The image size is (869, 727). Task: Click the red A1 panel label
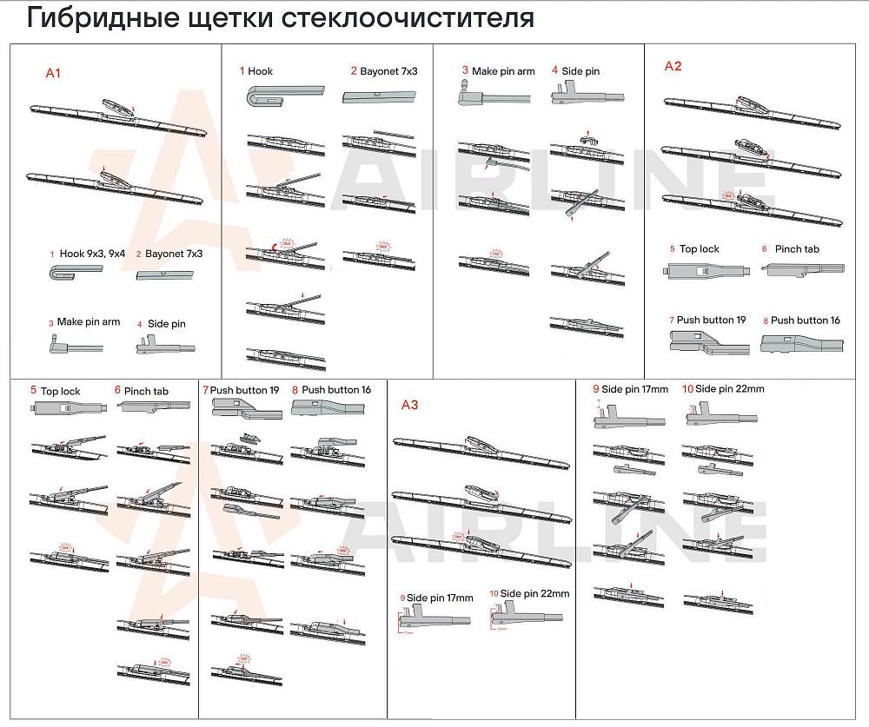53,74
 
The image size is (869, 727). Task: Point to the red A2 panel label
673,66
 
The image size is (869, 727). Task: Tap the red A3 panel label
409,405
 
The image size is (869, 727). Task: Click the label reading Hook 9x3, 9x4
92,254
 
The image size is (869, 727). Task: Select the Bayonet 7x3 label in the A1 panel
174,254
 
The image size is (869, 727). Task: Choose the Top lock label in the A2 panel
699,249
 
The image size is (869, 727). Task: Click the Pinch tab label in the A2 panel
797,249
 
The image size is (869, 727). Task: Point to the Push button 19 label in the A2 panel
711,321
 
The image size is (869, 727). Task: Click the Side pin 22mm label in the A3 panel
534,594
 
